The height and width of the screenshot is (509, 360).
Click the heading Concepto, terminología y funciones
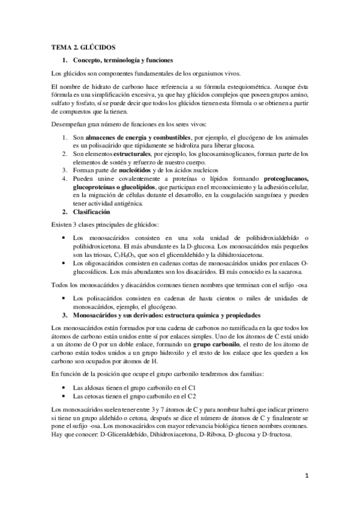123,60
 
